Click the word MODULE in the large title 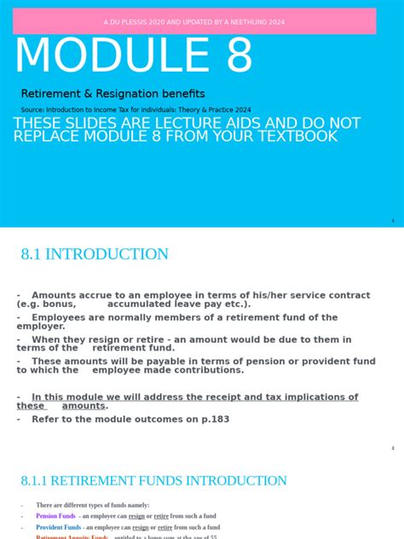(107, 56)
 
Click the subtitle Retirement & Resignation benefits (113, 94)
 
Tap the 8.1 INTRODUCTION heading (95, 254)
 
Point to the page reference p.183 (214, 419)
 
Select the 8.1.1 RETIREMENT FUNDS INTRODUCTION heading (153, 481)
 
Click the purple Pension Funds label (55, 516)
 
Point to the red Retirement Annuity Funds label (72, 537)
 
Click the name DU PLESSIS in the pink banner (135, 21)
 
